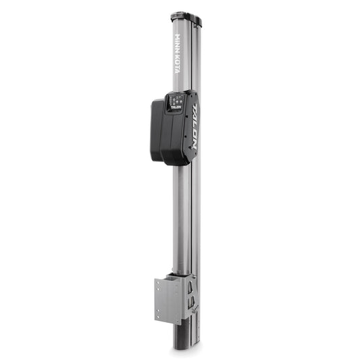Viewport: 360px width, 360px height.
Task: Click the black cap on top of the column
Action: [x=185, y=16]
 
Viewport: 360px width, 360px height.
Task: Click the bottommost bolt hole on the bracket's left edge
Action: [x=159, y=315]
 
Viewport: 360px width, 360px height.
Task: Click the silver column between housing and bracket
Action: [x=182, y=216]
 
